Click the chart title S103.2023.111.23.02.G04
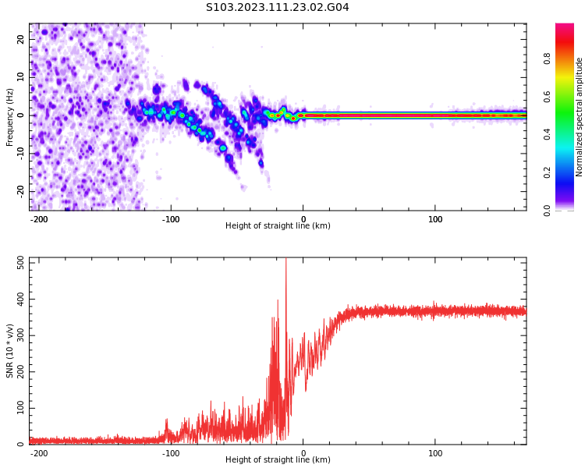[278, 8]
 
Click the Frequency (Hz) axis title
[10, 117]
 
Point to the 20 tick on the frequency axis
[21, 38]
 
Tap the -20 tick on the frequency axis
[19, 190]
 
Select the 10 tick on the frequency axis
[21, 76]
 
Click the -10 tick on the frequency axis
[19, 153]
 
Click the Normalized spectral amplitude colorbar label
[580, 117]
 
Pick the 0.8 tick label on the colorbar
[569, 58]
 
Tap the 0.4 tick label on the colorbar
[569, 134]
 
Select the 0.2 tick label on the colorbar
[569, 172]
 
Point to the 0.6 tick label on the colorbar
[569, 97]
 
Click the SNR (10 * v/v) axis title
[10, 351]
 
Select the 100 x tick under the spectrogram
[435, 219]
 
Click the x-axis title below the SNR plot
[278, 460]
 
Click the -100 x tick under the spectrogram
[171, 219]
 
